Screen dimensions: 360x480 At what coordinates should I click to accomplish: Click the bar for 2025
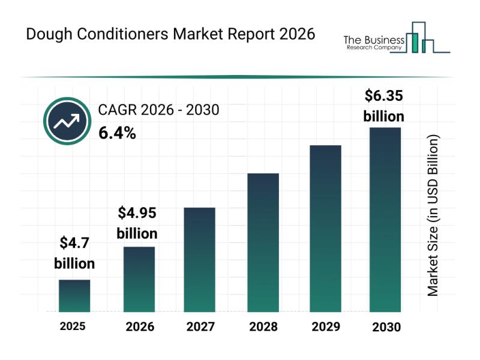point(74,296)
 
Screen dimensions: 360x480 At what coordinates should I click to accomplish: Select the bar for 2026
point(139,279)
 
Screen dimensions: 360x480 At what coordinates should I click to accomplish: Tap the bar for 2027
point(199,259)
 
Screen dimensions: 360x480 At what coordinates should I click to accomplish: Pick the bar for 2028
point(263,242)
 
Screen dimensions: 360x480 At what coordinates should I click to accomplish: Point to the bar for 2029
point(325,229)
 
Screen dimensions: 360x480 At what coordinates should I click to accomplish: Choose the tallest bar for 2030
point(385,220)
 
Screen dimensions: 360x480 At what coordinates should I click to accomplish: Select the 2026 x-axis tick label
point(140,328)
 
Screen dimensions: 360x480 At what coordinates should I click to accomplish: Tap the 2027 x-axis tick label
point(200,327)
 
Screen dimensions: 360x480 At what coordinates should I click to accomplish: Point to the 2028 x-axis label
point(263,327)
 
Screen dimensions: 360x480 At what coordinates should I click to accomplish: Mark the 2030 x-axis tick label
point(386,328)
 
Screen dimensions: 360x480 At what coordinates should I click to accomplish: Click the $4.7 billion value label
point(74,253)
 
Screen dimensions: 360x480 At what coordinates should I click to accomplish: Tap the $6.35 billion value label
point(384,105)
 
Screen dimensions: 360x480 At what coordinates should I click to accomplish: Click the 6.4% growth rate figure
point(117,133)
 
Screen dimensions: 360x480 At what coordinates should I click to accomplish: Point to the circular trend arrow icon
point(67,122)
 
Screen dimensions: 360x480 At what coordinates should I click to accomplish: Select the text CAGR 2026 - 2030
point(158,110)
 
